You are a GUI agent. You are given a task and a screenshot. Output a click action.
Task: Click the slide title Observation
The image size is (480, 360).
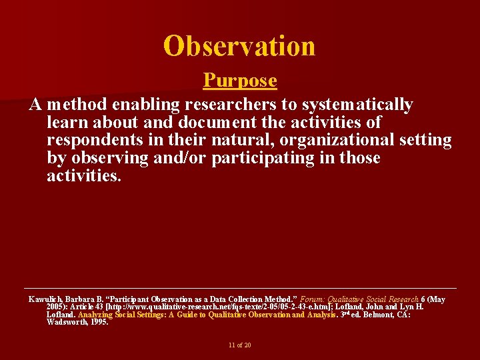click(239, 46)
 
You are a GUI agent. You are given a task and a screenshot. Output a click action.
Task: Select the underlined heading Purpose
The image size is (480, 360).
click(240, 81)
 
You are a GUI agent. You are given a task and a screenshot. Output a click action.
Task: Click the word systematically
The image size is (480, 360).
click(357, 105)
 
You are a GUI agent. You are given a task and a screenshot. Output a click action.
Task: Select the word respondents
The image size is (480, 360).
click(95, 141)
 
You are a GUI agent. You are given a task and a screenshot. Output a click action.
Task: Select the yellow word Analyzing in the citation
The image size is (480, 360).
click(95, 315)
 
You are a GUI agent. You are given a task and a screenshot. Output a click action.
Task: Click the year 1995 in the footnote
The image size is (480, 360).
click(97, 322)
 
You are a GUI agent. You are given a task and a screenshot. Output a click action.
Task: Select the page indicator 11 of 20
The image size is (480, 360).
click(239, 345)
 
